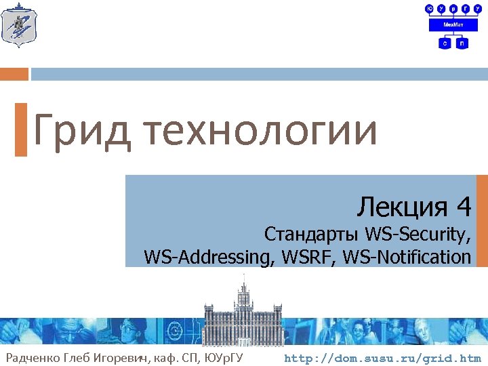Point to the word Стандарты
click(x=312, y=235)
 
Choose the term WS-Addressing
click(x=207, y=257)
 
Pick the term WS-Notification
click(x=407, y=257)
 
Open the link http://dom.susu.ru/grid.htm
click(x=382, y=358)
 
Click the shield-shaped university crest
click(x=19, y=25)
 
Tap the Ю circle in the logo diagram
click(x=429, y=9)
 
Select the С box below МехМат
click(x=445, y=43)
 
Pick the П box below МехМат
click(x=462, y=43)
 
